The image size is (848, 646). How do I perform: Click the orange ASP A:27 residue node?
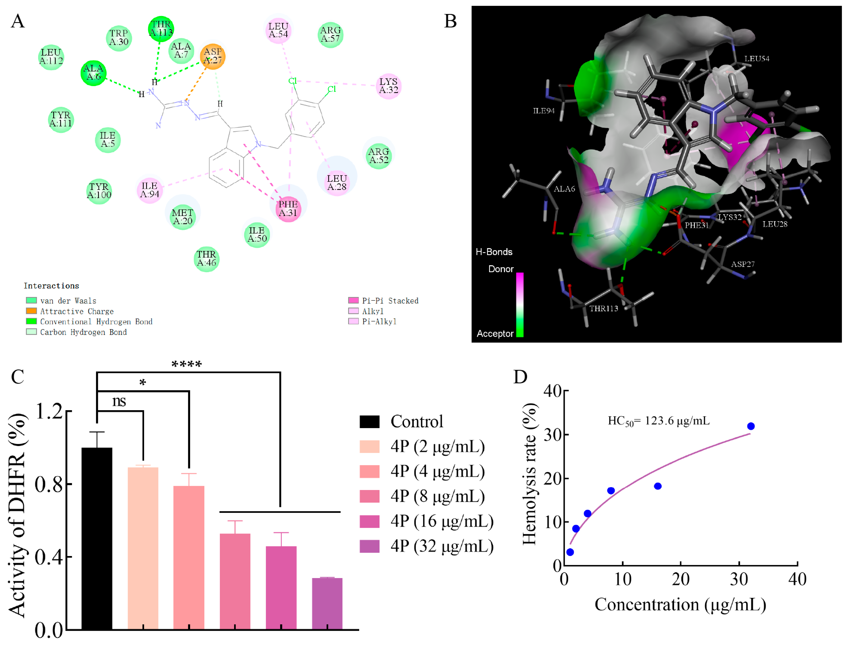(212, 56)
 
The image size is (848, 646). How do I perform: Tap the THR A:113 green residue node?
(161, 29)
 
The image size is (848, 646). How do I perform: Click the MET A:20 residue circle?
(183, 217)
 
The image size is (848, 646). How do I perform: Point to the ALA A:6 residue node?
(93, 72)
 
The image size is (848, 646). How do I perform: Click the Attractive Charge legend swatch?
(31, 311)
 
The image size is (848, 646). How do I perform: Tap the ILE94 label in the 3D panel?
(543, 111)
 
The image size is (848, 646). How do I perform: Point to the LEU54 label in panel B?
(757, 59)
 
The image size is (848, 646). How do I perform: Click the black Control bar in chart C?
(97, 538)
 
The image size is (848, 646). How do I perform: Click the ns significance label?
(119, 401)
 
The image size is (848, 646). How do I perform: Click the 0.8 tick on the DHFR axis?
(49, 484)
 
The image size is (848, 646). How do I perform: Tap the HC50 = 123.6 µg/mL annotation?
(658, 421)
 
